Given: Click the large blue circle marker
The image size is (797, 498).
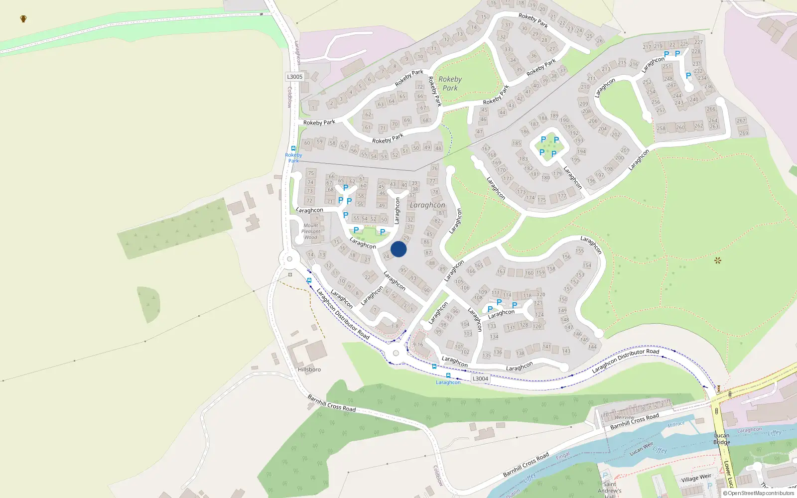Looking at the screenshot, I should pyautogui.click(x=398, y=249).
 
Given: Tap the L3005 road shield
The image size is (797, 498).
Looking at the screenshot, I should pyautogui.click(x=294, y=77).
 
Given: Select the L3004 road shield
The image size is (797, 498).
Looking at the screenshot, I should pyautogui.click(x=480, y=378).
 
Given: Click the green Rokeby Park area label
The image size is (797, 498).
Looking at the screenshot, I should pyautogui.click(x=450, y=83).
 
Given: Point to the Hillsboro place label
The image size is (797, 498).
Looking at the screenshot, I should pyautogui.click(x=309, y=370).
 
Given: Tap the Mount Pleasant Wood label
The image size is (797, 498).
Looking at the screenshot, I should pyautogui.click(x=311, y=232).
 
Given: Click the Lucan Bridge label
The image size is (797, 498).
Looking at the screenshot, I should pyautogui.click(x=721, y=439).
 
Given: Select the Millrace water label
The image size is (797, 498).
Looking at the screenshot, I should pyautogui.click(x=676, y=424).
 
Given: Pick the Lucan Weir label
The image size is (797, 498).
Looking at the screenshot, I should pyautogui.click(x=641, y=449).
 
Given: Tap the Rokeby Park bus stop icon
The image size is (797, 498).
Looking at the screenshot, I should pyautogui.click(x=293, y=148).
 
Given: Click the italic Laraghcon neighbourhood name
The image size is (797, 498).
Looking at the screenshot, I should pyautogui.click(x=427, y=205).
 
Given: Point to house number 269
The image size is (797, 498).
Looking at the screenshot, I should pyautogui.click(x=744, y=133).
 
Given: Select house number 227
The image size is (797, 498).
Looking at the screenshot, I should pyautogui.click(x=699, y=42).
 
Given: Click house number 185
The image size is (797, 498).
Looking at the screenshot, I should pyautogui.click(x=517, y=143).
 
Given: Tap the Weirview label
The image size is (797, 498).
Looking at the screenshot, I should pyautogui.click(x=624, y=417).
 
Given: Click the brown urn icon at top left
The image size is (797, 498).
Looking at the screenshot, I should pyautogui.click(x=23, y=19).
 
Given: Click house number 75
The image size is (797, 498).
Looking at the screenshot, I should pyautogui.click(x=311, y=173).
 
